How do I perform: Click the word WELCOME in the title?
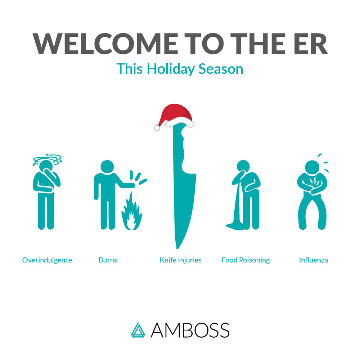tap(105, 44)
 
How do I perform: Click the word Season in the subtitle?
tap(221, 69)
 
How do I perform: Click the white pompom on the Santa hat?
tap(157, 128)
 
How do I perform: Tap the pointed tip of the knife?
tap(177, 248)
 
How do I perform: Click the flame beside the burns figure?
tap(131, 212)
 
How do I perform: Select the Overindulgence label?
tap(47, 260)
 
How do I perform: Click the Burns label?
tap(108, 260)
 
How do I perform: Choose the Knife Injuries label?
tap(180, 260)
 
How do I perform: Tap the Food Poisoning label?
tap(246, 260)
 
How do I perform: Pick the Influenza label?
tap(314, 260)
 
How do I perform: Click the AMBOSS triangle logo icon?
tap(138, 330)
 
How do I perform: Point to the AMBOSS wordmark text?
tap(190, 330)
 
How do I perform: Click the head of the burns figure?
tap(107, 167)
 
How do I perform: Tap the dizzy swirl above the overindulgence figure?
tap(47, 158)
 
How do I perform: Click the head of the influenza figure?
tap(312, 167)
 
